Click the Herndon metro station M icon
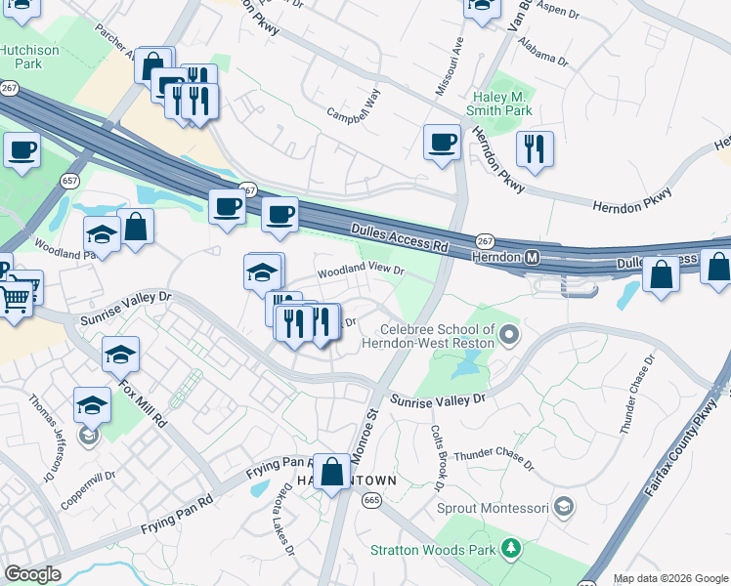tap(533, 258)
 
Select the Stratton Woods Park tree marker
tap(508, 549)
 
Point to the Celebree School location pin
tap(508, 337)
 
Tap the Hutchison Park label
tap(29, 57)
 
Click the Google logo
tap(32, 574)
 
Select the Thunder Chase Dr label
tap(494, 459)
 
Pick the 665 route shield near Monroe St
tap(370, 500)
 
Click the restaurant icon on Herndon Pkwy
tap(534, 148)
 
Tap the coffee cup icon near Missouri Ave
tap(442, 142)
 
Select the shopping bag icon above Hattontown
tap(332, 472)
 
